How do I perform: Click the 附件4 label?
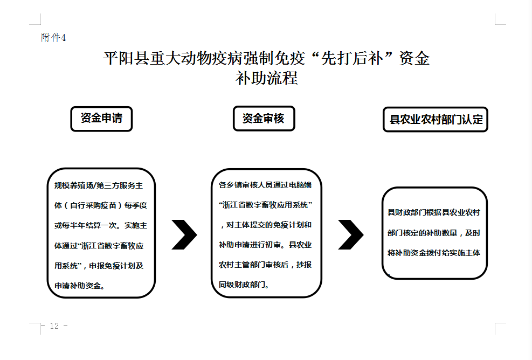(x=53, y=37)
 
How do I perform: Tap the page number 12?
(x=54, y=326)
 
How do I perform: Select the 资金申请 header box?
(x=101, y=119)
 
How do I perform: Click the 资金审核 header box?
(x=264, y=119)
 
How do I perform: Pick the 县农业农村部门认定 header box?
(x=436, y=120)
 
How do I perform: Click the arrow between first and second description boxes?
(x=184, y=234)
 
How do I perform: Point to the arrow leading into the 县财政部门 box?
(x=351, y=234)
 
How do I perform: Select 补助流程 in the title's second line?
(x=267, y=78)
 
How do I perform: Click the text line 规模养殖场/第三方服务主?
(x=99, y=185)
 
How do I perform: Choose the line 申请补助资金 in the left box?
(x=80, y=286)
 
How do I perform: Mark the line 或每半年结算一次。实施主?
(x=100, y=225)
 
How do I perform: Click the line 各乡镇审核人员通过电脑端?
(x=265, y=185)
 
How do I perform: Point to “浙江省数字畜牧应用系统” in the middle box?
(x=265, y=205)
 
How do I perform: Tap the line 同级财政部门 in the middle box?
(x=244, y=285)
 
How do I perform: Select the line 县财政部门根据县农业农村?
(x=434, y=212)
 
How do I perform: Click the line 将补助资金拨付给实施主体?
(x=434, y=253)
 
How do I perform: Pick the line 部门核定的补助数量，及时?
(x=434, y=233)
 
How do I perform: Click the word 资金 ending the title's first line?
(x=414, y=58)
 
